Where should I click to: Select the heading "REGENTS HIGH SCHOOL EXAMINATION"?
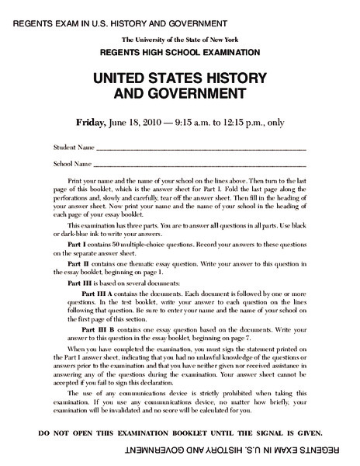[x=179, y=53]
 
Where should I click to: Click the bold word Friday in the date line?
[x=90, y=122]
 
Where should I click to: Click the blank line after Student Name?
[x=201, y=149]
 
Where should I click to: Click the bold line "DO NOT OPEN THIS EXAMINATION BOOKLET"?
[x=180, y=432]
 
